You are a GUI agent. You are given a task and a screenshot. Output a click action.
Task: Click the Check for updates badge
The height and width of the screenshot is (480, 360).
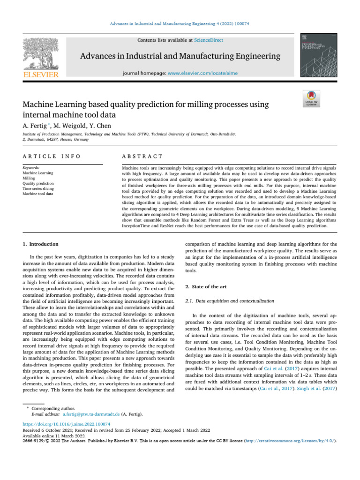pyautogui.click(x=312, y=99)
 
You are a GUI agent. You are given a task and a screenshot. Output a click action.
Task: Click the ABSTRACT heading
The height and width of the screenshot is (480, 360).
pyautogui.click(x=142, y=156)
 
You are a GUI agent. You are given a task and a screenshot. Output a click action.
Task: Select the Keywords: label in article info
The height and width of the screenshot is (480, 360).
pyautogui.click(x=31, y=167)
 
